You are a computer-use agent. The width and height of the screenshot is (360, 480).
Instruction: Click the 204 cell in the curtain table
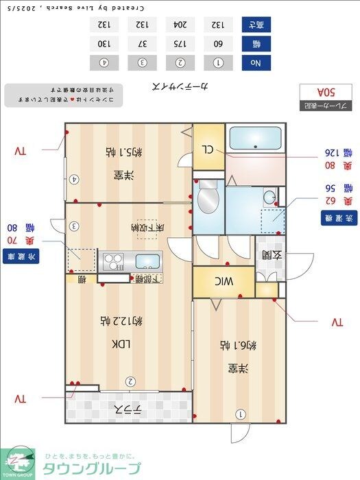click(x=180, y=25)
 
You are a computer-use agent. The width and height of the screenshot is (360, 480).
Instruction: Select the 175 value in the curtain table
click(x=180, y=44)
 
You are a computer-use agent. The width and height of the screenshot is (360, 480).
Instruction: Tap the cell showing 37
click(x=142, y=44)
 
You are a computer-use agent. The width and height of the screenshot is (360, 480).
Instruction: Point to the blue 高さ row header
click(x=256, y=25)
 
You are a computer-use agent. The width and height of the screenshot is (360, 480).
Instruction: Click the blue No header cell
click(x=256, y=62)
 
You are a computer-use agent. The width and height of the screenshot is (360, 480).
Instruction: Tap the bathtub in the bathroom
click(x=255, y=140)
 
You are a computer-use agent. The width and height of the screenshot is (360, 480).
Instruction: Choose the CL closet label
click(x=207, y=149)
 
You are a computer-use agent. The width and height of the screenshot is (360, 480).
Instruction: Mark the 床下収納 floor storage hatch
click(x=145, y=228)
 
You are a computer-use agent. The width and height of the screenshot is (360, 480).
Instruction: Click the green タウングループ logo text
click(x=92, y=468)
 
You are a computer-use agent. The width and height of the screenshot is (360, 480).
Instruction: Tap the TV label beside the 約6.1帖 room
click(x=336, y=322)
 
